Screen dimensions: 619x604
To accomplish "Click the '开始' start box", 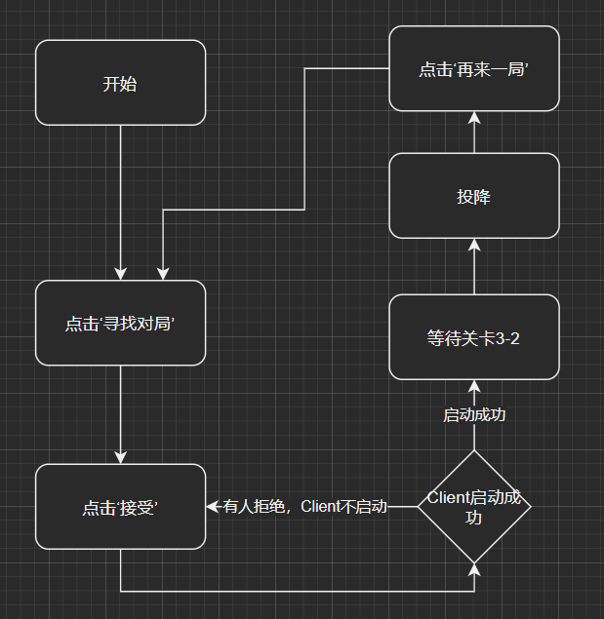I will tap(120, 83).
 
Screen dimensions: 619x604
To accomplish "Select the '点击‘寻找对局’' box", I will tap(120, 324).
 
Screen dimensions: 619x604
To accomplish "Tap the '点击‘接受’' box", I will tap(120, 507).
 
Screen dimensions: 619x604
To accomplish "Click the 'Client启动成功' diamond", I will tap(474, 507).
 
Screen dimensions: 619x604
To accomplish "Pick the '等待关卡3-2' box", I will tap(474, 337).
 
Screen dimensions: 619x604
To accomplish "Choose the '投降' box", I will tap(474, 196).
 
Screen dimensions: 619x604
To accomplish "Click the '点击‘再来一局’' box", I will tap(474, 68).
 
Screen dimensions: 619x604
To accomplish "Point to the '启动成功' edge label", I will tap(474, 415).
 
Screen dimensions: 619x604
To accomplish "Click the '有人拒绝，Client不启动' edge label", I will tap(305, 507).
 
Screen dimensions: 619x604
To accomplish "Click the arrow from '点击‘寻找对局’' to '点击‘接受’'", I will tap(120, 414).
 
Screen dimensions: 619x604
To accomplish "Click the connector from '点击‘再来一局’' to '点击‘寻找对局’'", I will tap(305, 136).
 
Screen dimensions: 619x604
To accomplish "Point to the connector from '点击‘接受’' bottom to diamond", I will tap(293, 591).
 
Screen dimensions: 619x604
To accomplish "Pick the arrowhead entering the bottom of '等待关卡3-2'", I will tap(474, 386).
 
